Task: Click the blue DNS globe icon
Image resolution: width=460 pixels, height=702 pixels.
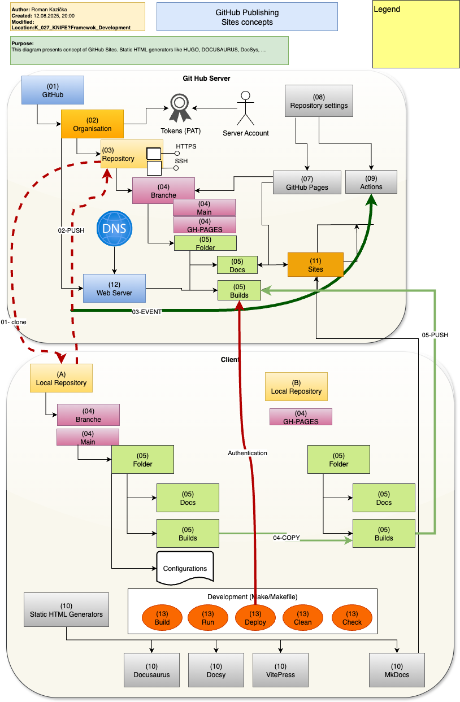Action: [x=115, y=228]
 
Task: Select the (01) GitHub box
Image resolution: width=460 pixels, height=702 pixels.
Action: [x=53, y=90]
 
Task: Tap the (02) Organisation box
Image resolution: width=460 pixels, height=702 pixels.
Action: [x=92, y=124]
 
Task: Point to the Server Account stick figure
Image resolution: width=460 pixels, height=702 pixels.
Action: [x=245, y=108]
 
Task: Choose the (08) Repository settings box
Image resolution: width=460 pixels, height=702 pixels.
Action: [x=319, y=101]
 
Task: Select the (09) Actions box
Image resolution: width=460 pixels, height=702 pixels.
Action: [x=371, y=182]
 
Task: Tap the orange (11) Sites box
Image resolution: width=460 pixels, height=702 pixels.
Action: [x=315, y=264]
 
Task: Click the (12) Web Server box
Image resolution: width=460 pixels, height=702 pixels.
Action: [x=114, y=288]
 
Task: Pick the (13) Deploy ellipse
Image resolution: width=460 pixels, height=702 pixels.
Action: [x=255, y=618]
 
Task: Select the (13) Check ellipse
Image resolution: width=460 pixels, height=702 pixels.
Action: [x=351, y=618]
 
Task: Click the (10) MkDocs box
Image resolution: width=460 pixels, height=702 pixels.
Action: [x=397, y=670]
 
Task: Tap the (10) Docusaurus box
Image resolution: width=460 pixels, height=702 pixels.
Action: [x=151, y=670]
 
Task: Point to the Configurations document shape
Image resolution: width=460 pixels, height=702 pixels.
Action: [x=185, y=568]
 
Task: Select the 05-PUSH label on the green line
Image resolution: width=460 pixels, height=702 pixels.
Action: [x=435, y=335]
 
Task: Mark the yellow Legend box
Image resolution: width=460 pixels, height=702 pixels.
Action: [x=415, y=34]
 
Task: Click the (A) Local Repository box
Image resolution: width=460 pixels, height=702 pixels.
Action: [x=61, y=378]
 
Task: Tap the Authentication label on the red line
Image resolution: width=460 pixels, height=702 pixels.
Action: [x=247, y=453]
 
